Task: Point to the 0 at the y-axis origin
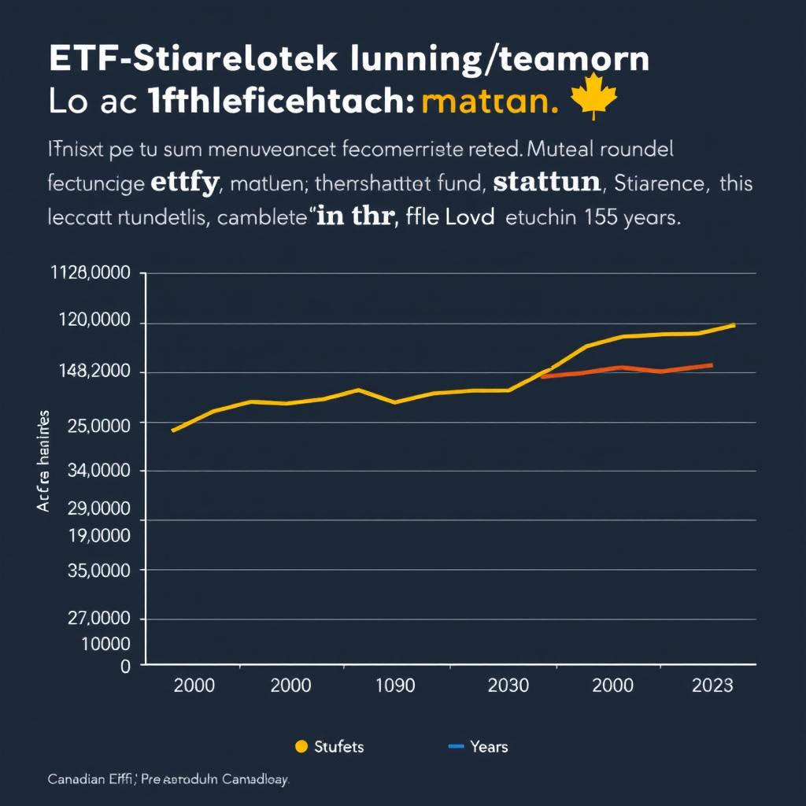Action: pos(125,666)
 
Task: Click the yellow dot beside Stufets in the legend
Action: pos(300,746)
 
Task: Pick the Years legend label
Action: pos(489,746)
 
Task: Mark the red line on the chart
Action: pos(630,369)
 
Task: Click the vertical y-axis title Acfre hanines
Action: pos(43,460)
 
